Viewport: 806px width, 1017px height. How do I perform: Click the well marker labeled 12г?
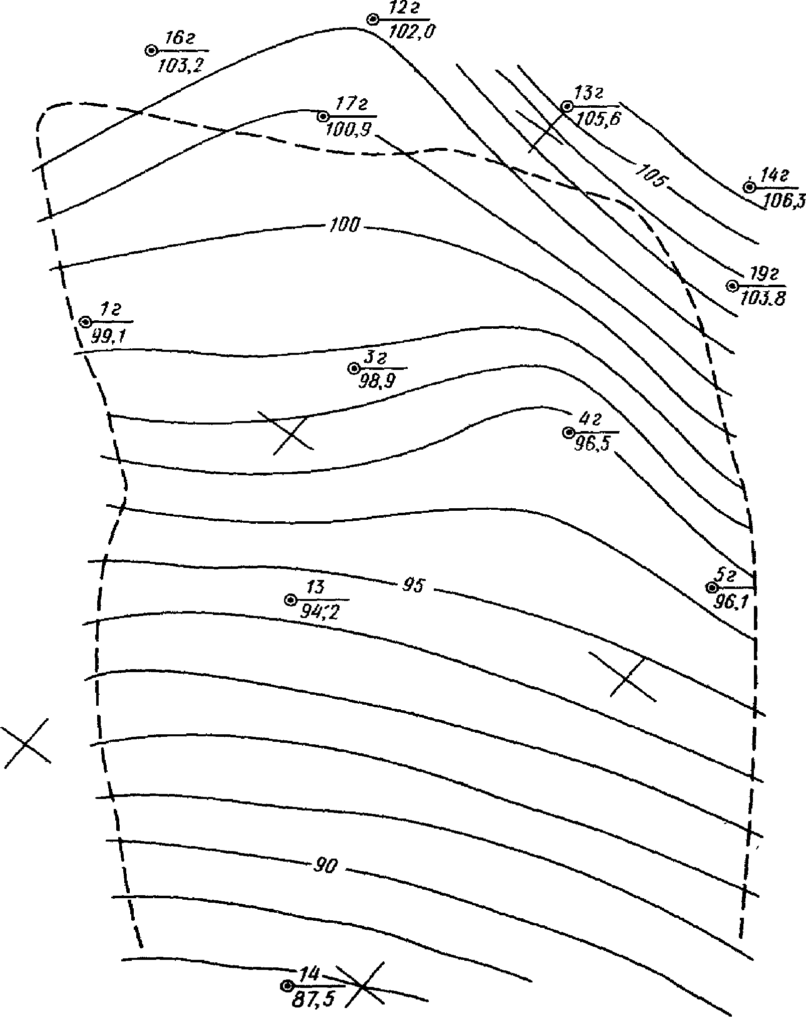click(x=373, y=20)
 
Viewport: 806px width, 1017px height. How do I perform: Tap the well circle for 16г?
click(x=150, y=51)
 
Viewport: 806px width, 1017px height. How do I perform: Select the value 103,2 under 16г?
click(x=180, y=66)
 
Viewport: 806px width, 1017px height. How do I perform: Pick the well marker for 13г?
click(x=567, y=106)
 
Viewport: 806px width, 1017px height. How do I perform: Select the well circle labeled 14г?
click(x=749, y=187)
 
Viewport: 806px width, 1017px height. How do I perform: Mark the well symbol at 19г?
click(x=732, y=286)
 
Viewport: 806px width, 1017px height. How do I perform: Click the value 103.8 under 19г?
click(x=762, y=298)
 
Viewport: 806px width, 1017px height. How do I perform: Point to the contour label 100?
click(x=344, y=226)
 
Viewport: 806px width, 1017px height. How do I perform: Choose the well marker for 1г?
click(x=86, y=321)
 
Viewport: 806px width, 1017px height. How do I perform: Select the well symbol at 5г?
click(x=711, y=587)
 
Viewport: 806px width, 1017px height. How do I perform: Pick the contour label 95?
click(x=413, y=585)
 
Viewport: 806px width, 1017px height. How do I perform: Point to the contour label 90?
click(x=326, y=866)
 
